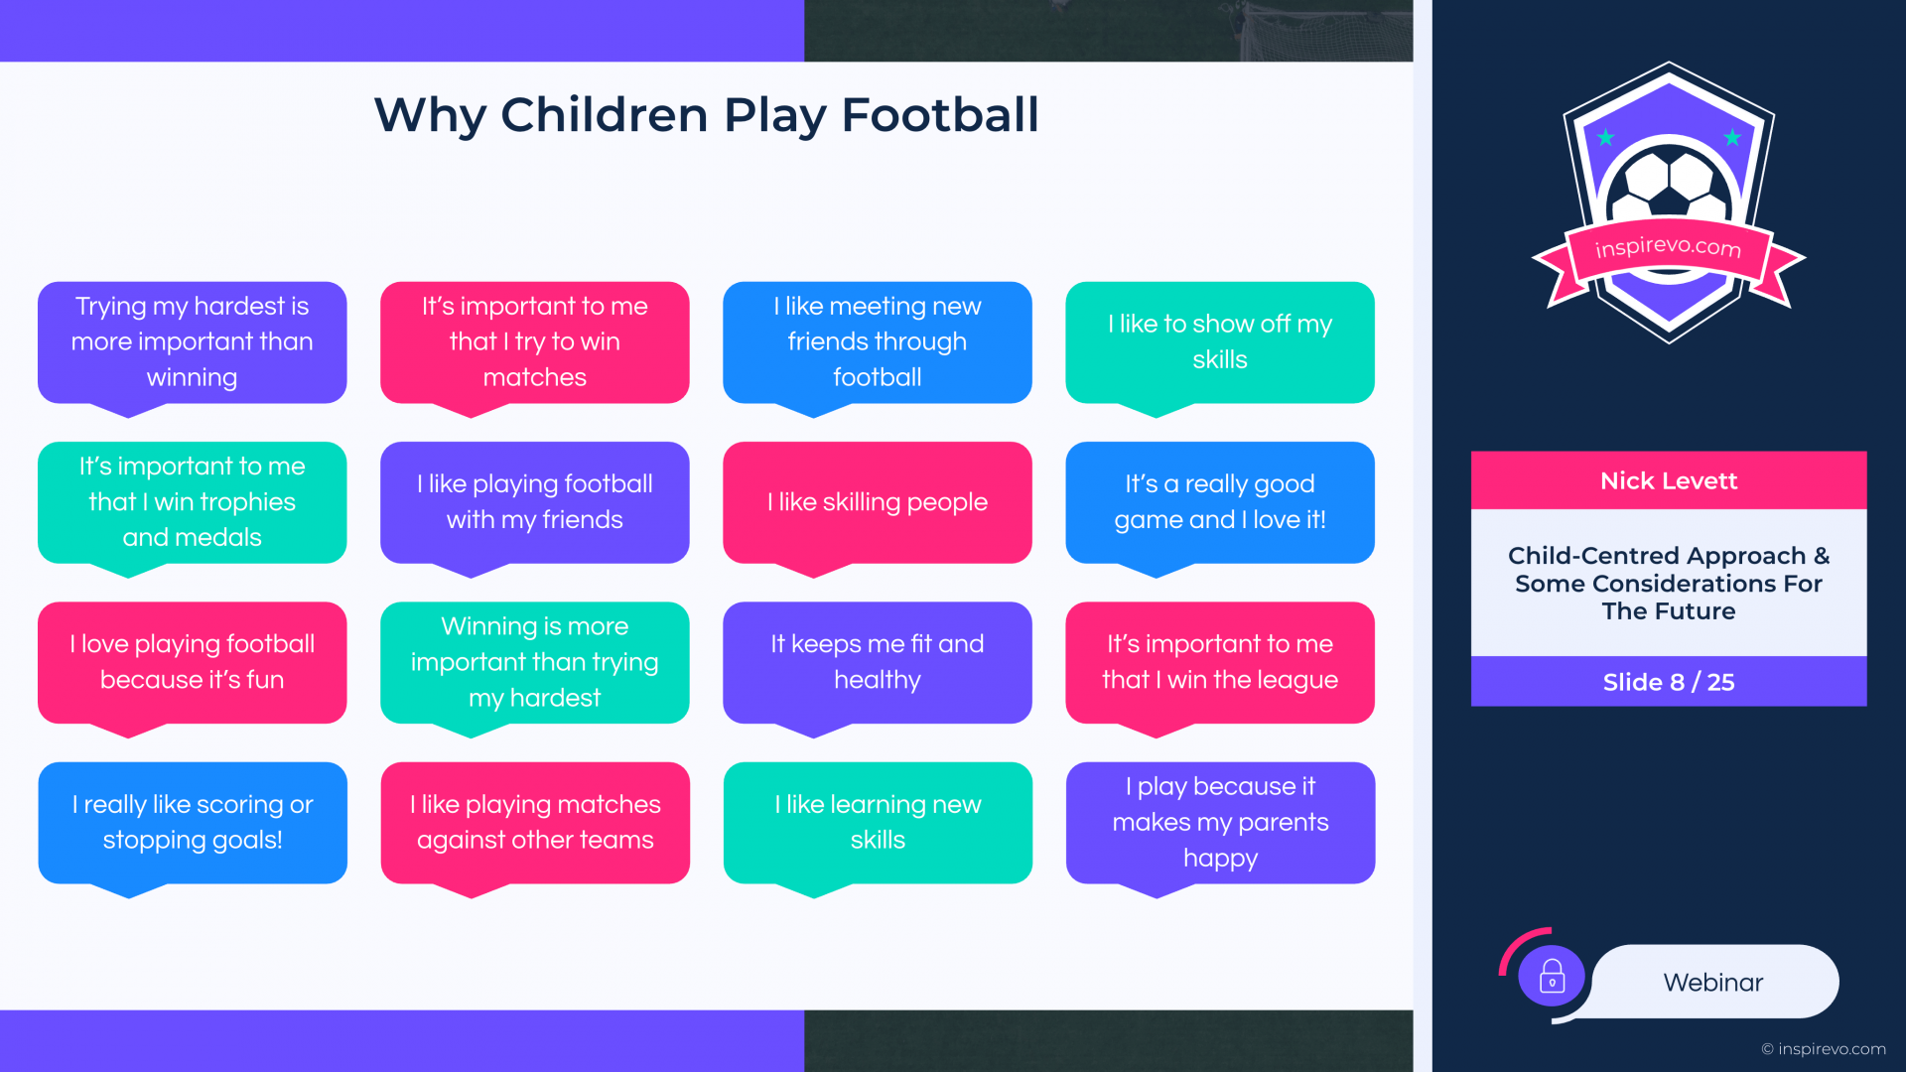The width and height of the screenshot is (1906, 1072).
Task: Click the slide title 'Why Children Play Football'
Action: pyautogui.click(x=706, y=114)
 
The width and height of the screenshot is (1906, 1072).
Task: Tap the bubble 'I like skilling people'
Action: pyautogui.click(x=878, y=503)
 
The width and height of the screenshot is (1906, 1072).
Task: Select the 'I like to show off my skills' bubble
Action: pyautogui.click(x=1220, y=342)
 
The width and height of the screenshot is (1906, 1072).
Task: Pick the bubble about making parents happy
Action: pyautogui.click(x=1220, y=823)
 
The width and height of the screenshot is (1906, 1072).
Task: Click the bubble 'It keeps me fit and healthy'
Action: pyautogui.click(x=878, y=663)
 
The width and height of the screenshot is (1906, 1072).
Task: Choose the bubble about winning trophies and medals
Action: pyautogui.click(x=192, y=503)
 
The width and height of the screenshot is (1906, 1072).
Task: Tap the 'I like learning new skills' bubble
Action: pyautogui.click(x=878, y=823)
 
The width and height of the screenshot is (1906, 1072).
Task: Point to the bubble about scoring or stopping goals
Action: pyautogui.click(x=192, y=823)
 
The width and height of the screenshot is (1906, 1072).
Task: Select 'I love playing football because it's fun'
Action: pyautogui.click(x=192, y=663)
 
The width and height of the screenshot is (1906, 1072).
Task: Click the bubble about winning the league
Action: pyautogui.click(x=1220, y=663)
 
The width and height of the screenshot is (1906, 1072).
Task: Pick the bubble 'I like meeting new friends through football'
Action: pyautogui.click(x=878, y=342)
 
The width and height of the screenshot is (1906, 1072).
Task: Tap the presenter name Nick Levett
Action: pyautogui.click(x=1669, y=481)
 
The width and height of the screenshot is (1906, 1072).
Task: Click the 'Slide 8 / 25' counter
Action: pyautogui.click(x=1669, y=682)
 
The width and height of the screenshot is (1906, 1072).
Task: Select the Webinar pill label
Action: pyautogui.click(x=1713, y=983)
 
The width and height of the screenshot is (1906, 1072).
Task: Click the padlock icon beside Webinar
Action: pyautogui.click(x=1553, y=976)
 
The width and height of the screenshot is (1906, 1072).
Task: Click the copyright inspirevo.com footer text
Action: pyautogui.click(x=1824, y=1049)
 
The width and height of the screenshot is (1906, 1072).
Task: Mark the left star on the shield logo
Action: pyautogui.click(x=1605, y=137)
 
